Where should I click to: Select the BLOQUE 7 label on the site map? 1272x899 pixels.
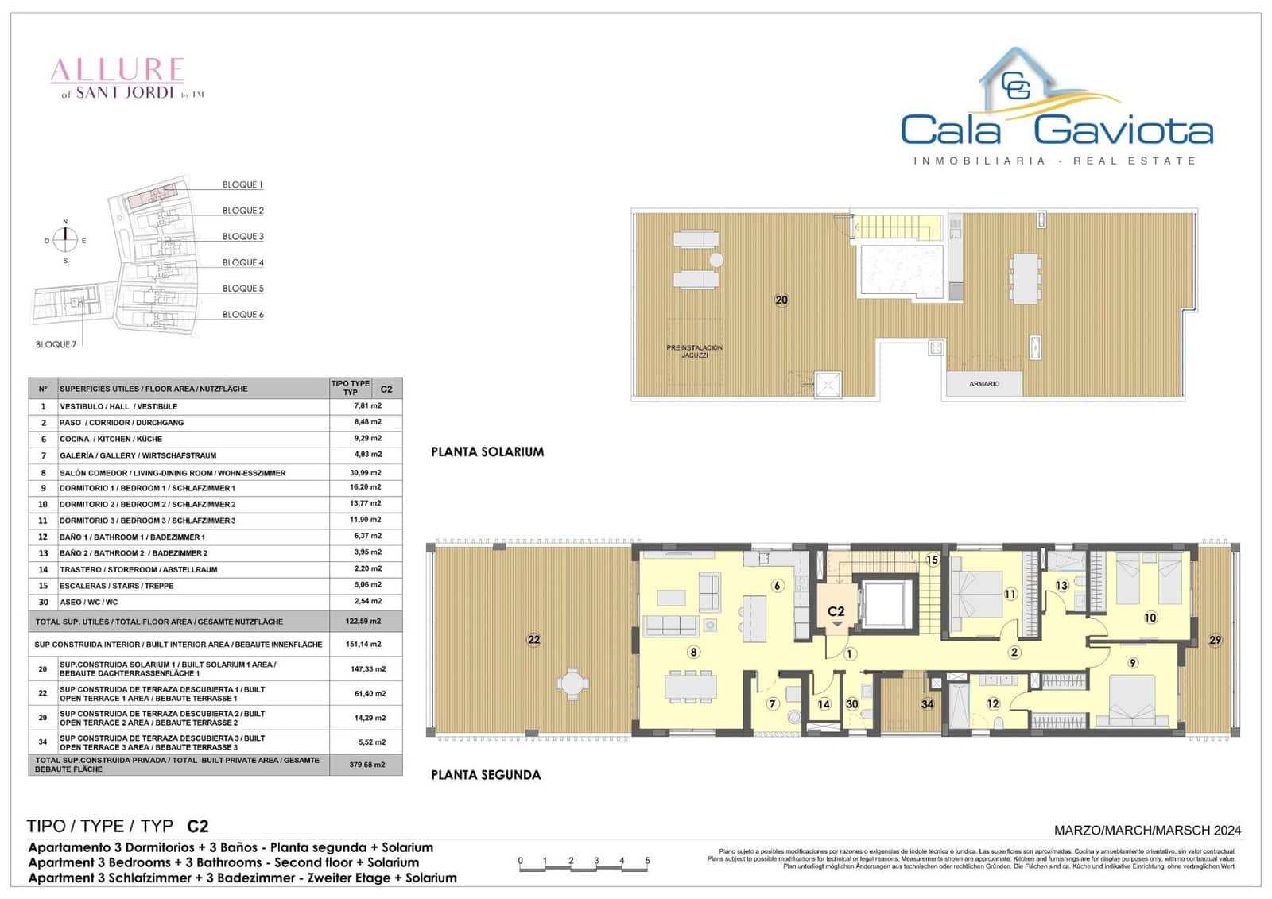click(56, 344)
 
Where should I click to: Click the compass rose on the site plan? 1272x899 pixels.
click(66, 239)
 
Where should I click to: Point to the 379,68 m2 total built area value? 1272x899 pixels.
click(367, 765)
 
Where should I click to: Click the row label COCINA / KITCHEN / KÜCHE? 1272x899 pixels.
click(111, 439)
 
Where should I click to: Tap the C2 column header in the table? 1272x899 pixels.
click(386, 389)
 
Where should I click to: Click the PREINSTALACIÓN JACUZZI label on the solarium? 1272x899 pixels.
click(694, 351)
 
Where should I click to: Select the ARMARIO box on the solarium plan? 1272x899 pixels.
click(984, 384)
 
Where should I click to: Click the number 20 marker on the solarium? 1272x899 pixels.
click(781, 300)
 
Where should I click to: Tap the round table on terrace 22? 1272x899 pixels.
click(572, 683)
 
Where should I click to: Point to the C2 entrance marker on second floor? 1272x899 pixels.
click(836, 612)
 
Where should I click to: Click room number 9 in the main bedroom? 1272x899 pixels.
click(1133, 662)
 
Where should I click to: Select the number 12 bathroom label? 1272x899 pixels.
click(993, 703)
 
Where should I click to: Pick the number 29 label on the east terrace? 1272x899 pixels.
click(1215, 640)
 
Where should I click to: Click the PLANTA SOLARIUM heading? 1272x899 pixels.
click(487, 451)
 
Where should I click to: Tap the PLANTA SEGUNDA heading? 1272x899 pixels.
click(486, 775)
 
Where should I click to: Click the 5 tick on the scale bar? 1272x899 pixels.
click(647, 861)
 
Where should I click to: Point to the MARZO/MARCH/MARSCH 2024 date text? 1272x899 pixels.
click(1147, 831)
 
